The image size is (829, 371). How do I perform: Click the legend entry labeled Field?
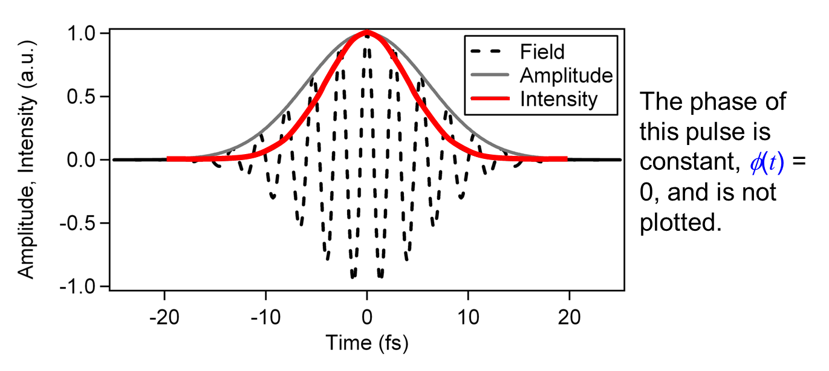pyautogui.click(x=542, y=51)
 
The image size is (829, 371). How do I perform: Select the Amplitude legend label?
pyautogui.click(x=566, y=76)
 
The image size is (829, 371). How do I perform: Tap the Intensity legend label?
pyautogui.click(x=558, y=98)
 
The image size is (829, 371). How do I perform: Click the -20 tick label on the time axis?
pyautogui.click(x=165, y=317)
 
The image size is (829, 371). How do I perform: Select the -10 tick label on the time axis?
pyautogui.click(x=266, y=317)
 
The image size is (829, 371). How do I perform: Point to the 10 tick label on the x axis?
pyautogui.click(x=467, y=317)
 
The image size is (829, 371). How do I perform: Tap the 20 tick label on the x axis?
pyautogui.click(x=568, y=317)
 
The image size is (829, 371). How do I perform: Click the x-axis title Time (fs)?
pyautogui.click(x=367, y=343)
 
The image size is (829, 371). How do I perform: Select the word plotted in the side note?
pyautogui.click(x=680, y=223)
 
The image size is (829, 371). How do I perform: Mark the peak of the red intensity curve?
pyautogui.click(x=367, y=33)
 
